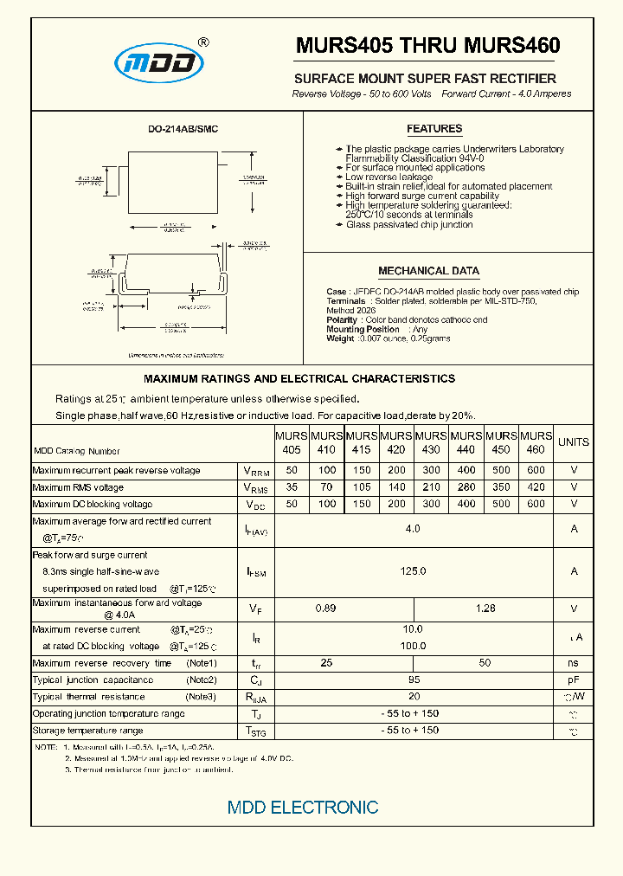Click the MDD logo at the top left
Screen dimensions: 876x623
click(x=160, y=61)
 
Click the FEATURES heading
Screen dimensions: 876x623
click(x=434, y=129)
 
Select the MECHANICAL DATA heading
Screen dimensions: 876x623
click(x=428, y=271)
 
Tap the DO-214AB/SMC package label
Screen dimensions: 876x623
click(x=183, y=129)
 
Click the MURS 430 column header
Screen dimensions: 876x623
click(x=431, y=442)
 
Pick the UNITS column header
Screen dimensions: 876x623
click(x=573, y=442)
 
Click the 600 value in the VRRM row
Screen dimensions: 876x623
click(x=536, y=470)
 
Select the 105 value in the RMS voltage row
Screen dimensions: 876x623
click(x=361, y=487)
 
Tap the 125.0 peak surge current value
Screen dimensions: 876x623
click(x=413, y=571)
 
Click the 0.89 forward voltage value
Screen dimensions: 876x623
click(x=325, y=609)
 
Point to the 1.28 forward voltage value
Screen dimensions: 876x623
click(x=485, y=609)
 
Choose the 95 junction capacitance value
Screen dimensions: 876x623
click(x=413, y=680)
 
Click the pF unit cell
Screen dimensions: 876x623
click(x=573, y=680)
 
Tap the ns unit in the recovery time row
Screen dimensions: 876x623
click(x=573, y=663)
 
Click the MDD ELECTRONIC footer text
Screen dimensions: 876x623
click(x=303, y=807)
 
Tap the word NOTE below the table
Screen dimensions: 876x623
click(x=45, y=746)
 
